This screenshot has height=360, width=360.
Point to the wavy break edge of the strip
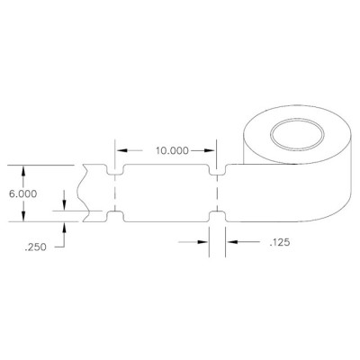pyautogui.click(x=83, y=193)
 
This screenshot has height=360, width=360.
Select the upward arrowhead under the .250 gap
pyautogui.click(x=64, y=226)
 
